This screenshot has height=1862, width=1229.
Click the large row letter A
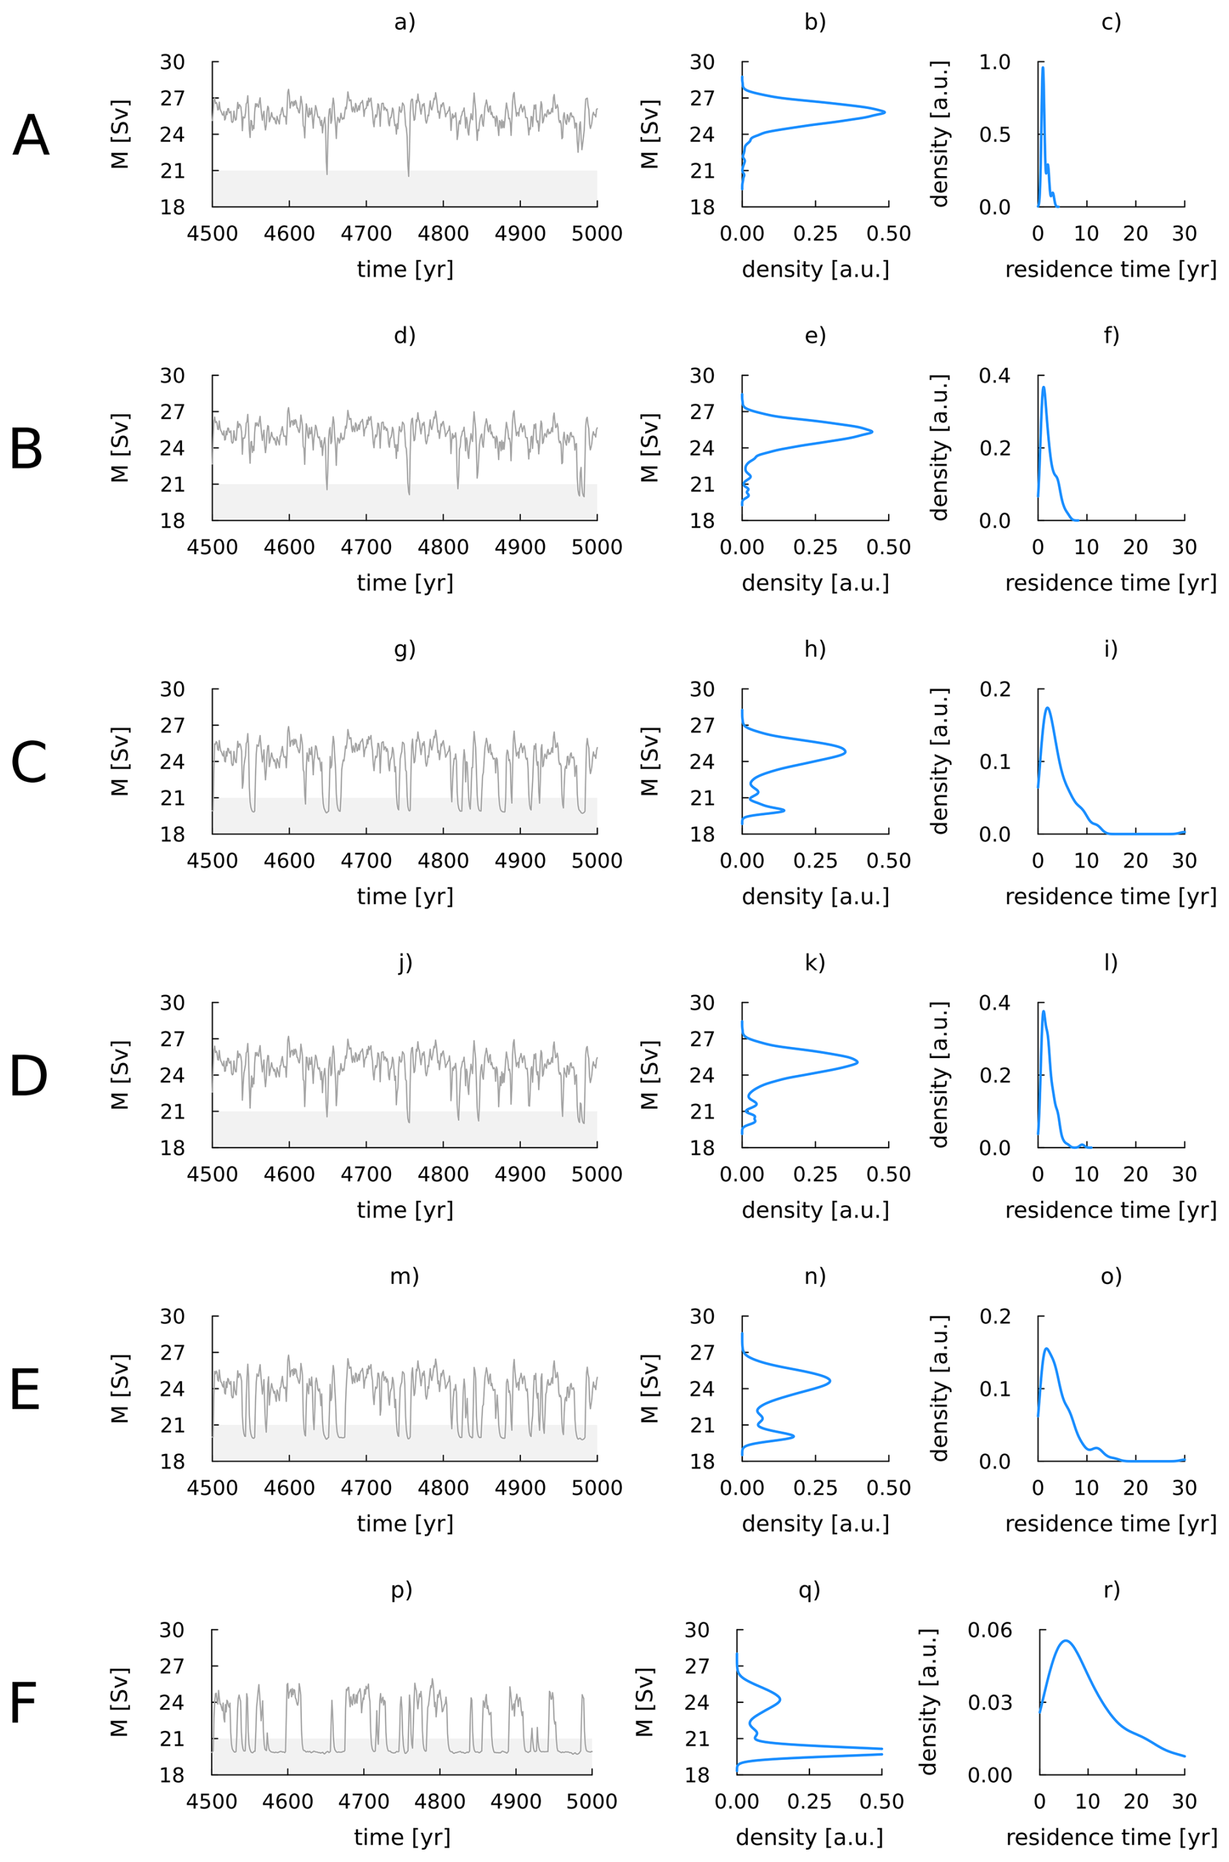tap(31, 136)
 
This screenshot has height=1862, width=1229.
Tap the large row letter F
tap(23, 1703)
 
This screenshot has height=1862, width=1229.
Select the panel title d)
tap(405, 335)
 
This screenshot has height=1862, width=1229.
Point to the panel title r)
tap(1111, 1589)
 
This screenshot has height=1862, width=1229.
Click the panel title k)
tap(815, 962)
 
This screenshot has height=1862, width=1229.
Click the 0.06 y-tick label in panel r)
tap(990, 1630)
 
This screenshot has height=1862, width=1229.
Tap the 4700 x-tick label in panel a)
tap(366, 234)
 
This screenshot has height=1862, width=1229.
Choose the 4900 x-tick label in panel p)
tap(516, 1801)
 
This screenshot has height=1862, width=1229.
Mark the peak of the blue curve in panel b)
tap(885, 112)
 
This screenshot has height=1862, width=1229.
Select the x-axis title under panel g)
tap(405, 896)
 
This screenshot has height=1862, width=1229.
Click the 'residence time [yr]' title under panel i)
tap(1111, 896)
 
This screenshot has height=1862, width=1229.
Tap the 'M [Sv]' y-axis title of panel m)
tap(119, 1389)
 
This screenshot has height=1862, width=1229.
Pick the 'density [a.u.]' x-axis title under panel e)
tap(815, 583)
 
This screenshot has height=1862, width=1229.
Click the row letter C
tap(29, 762)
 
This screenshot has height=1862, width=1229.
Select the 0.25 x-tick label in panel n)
tap(815, 1487)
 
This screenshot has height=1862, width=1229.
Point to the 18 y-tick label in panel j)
tap(172, 1148)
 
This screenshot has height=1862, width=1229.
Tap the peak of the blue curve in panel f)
tap(1043, 386)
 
